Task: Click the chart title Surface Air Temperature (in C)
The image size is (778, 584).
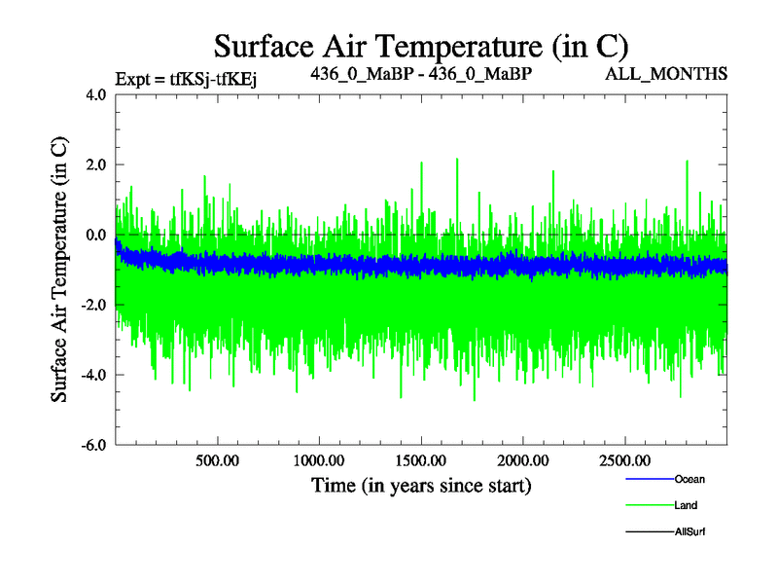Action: [x=421, y=46]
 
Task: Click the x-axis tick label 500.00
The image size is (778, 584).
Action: [x=217, y=459]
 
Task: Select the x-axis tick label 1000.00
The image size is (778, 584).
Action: [x=319, y=459]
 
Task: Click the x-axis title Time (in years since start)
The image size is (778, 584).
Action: [x=421, y=484]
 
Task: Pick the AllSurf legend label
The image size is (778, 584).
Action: [x=690, y=531]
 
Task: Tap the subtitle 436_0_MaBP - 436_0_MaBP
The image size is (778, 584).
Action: [x=420, y=74]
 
